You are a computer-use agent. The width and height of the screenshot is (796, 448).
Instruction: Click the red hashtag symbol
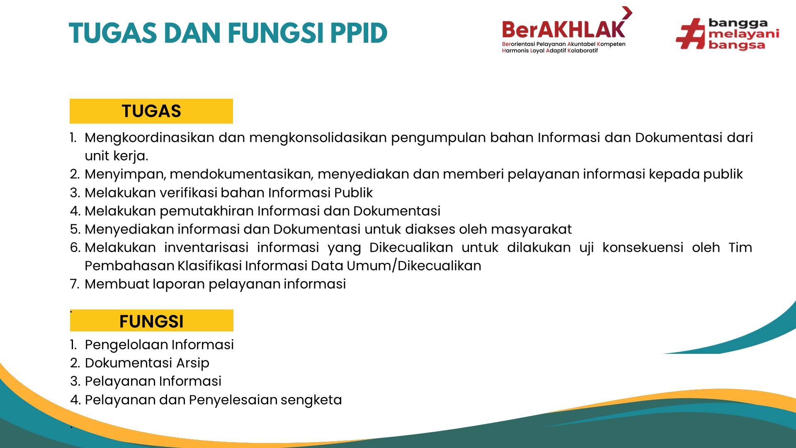click(x=690, y=34)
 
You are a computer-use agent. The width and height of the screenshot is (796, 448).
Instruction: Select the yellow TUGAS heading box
click(x=151, y=111)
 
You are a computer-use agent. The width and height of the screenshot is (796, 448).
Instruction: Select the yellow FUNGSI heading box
click(x=152, y=321)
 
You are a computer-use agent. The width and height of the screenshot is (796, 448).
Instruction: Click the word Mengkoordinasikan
click(x=149, y=138)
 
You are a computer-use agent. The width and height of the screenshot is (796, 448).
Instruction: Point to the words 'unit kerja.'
click(x=116, y=156)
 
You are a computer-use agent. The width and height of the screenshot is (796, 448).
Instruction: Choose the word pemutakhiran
click(x=206, y=212)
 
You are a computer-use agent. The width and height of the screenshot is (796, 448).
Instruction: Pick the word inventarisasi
click(x=206, y=248)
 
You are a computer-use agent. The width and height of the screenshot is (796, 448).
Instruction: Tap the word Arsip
click(x=193, y=363)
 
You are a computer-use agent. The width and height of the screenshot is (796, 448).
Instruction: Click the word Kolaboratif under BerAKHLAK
click(x=582, y=51)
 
